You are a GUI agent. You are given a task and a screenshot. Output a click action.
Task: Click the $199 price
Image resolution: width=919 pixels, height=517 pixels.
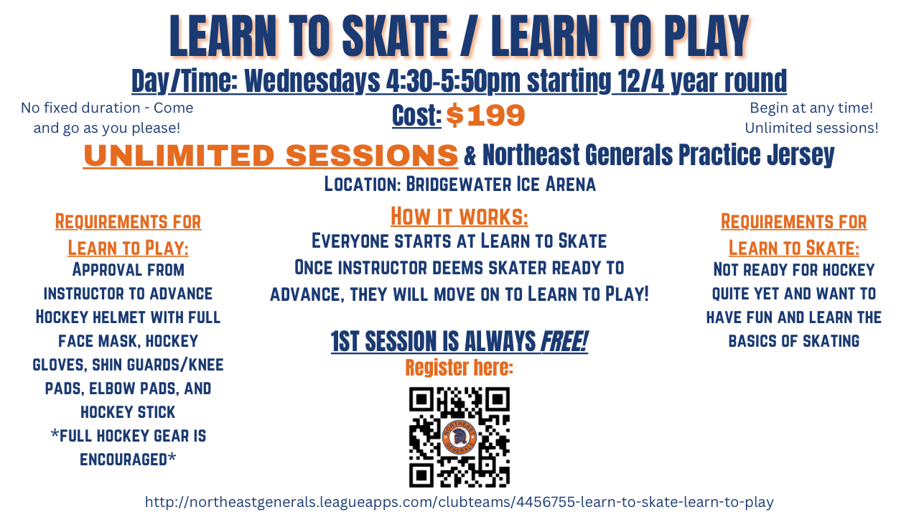click(x=485, y=116)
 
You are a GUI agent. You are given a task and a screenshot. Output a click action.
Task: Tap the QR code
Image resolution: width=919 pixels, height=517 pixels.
click(x=459, y=437)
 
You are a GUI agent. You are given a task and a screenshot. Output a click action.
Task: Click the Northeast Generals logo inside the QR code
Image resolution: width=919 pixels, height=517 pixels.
click(x=459, y=437)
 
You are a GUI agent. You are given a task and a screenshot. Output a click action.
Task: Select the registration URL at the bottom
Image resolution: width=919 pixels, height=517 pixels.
click(x=459, y=502)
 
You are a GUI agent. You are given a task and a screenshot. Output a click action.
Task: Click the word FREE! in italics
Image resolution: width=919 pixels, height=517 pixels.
click(x=564, y=341)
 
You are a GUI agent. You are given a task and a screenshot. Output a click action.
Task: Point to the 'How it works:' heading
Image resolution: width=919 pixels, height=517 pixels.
click(x=459, y=217)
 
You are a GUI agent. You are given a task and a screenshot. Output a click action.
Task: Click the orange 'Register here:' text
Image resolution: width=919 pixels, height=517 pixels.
click(x=459, y=367)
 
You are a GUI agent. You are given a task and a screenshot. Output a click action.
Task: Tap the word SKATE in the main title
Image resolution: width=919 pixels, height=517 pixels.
click(x=395, y=36)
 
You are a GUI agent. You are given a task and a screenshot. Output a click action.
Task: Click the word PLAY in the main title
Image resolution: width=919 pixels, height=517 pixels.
click(x=706, y=36)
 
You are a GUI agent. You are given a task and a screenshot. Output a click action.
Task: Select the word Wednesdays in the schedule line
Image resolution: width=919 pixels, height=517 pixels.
click(x=312, y=81)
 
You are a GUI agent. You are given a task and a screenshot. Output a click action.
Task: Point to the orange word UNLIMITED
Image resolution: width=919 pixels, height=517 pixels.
click(x=179, y=156)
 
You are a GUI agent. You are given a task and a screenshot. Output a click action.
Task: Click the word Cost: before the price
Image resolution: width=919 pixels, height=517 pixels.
click(x=416, y=116)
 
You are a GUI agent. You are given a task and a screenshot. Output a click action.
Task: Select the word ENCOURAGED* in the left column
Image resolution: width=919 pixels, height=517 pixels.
click(x=128, y=460)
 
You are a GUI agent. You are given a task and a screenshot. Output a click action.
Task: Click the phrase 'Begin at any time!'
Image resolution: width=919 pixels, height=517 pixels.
click(x=811, y=108)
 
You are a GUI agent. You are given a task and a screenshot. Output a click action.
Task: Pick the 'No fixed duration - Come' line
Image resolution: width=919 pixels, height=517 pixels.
click(x=107, y=108)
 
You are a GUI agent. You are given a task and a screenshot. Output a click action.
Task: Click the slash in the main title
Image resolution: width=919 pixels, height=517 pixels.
click(x=470, y=36)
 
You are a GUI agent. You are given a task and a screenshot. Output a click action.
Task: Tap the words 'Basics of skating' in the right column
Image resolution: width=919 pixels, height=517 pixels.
click(x=794, y=341)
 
